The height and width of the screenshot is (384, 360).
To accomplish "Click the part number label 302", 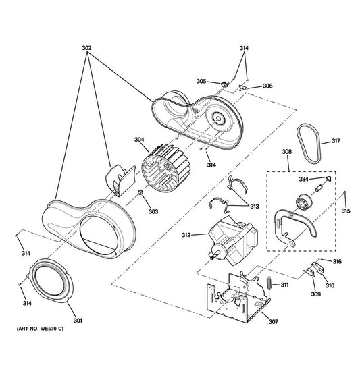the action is [86, 48].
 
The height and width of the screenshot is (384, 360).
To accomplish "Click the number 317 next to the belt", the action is [336, 141].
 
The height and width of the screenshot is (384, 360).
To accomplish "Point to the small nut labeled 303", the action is [140, 192].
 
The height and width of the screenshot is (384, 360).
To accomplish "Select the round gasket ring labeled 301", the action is [51, 281].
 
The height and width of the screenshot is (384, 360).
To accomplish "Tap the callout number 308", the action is [287, 152].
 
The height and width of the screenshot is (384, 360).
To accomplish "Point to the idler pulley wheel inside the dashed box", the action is [304, 201].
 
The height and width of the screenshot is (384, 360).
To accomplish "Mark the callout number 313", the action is [254, 207].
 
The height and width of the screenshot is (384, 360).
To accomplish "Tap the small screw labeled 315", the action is [345, 192].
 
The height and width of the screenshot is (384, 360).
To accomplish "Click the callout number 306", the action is [267, 86].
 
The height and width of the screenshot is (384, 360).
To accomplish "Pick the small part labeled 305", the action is [224, 84].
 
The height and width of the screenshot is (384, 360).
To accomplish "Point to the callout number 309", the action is [315, 294].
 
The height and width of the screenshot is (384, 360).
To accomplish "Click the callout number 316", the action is [337, 262].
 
